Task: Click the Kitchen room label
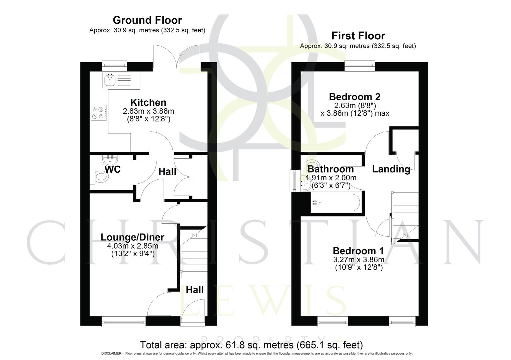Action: [x=148, y=102]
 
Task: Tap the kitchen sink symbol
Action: [x=110, y=80]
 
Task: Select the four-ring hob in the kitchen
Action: [x=99, y=113]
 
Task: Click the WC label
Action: [x=112, y=170]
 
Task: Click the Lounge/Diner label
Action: [x=132, y=237]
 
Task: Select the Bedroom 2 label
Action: [x=355, y=97]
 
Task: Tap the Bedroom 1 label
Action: [x=358, y=251]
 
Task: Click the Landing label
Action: [x=391, y=169]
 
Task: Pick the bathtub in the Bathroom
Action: [x=335, y=203]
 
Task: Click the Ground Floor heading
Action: [x=147, y=20]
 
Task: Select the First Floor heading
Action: [x=358, y=36]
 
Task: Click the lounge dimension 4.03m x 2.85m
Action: [x=132, y=246]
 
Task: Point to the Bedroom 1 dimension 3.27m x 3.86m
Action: [x=358, y=260]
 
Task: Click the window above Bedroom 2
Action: [x=359, y=67]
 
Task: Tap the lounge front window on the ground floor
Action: [x=123, y=322]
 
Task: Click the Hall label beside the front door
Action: [x=194, y=290]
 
